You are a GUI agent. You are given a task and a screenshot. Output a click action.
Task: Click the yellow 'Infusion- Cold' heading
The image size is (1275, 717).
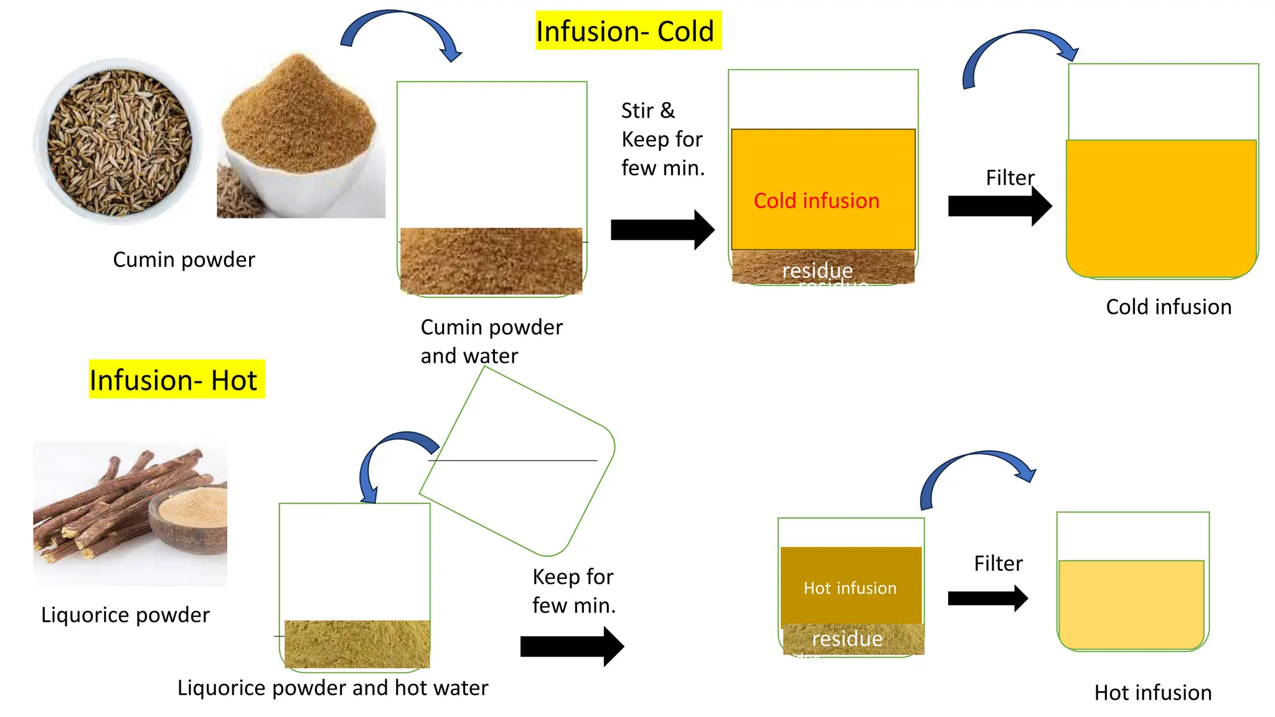tap(628, 30)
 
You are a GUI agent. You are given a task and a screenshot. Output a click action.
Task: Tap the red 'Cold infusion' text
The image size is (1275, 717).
tap(816, 200)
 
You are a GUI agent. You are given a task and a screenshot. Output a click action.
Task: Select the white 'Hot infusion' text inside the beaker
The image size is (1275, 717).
tap(850, 588)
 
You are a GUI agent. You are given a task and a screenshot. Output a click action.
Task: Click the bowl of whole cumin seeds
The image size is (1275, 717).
tap(118, 142)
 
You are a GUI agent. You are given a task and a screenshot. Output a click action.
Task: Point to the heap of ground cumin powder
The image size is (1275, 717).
tap(299, 118)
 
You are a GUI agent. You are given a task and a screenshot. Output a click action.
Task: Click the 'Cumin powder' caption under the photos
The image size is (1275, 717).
tap(184, 259)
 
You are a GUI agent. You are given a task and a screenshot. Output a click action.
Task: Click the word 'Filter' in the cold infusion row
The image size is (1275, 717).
tap(1009, 177)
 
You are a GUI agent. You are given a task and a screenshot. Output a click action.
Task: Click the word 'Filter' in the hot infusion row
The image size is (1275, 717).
tap(998, 563)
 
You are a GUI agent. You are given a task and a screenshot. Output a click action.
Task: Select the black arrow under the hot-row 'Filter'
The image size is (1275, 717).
tap(987, 598)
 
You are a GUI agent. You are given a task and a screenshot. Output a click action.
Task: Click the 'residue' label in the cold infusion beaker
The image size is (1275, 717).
tap(817, 270)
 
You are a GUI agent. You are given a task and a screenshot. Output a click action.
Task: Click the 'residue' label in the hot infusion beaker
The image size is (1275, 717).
tap(847, 639)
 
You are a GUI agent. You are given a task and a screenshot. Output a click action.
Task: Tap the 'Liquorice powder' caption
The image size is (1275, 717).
tap(125, 614)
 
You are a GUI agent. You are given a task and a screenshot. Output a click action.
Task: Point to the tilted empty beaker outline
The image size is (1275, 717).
tap(517, 461)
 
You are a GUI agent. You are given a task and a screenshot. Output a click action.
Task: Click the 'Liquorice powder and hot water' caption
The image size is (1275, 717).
tap(332, 687)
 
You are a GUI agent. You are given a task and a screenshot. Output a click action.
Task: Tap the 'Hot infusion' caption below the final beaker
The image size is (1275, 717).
tap(1152, 692)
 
